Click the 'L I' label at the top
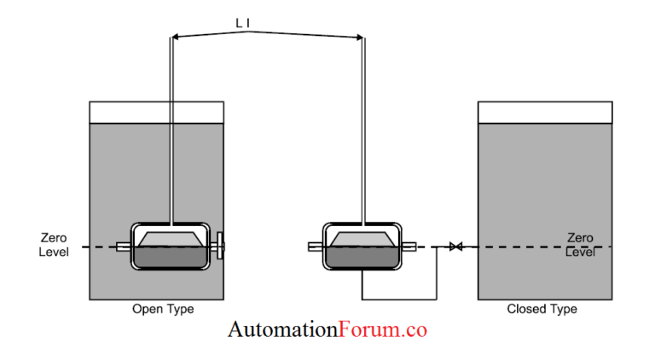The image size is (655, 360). [x=242, y=23]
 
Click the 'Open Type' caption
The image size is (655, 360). [x=162, y=309]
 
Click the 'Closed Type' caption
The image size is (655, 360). [x=542, y=309]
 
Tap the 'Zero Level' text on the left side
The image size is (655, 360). [x=54, y=246]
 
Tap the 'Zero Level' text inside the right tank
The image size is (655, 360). [x=580, y=245]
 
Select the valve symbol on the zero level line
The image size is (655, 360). [x=455, y=247]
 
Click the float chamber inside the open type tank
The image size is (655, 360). [x=168, y=247]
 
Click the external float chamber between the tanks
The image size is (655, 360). [x=361, y=247]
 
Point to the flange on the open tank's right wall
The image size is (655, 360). [x=221, y=247]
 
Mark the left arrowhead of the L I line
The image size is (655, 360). [x=174, y=36]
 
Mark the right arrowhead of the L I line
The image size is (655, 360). [x=362, y=38]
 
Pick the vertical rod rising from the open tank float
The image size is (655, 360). [x=171, y=128]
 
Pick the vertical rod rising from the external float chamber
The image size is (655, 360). [x=364, y=128]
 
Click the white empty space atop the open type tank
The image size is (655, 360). [x=156, y=112]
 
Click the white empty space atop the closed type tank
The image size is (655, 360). [x=544, y=112]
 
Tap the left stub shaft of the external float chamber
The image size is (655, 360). [x=316, y=247]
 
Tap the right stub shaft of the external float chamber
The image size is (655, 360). [x=409, y=247]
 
